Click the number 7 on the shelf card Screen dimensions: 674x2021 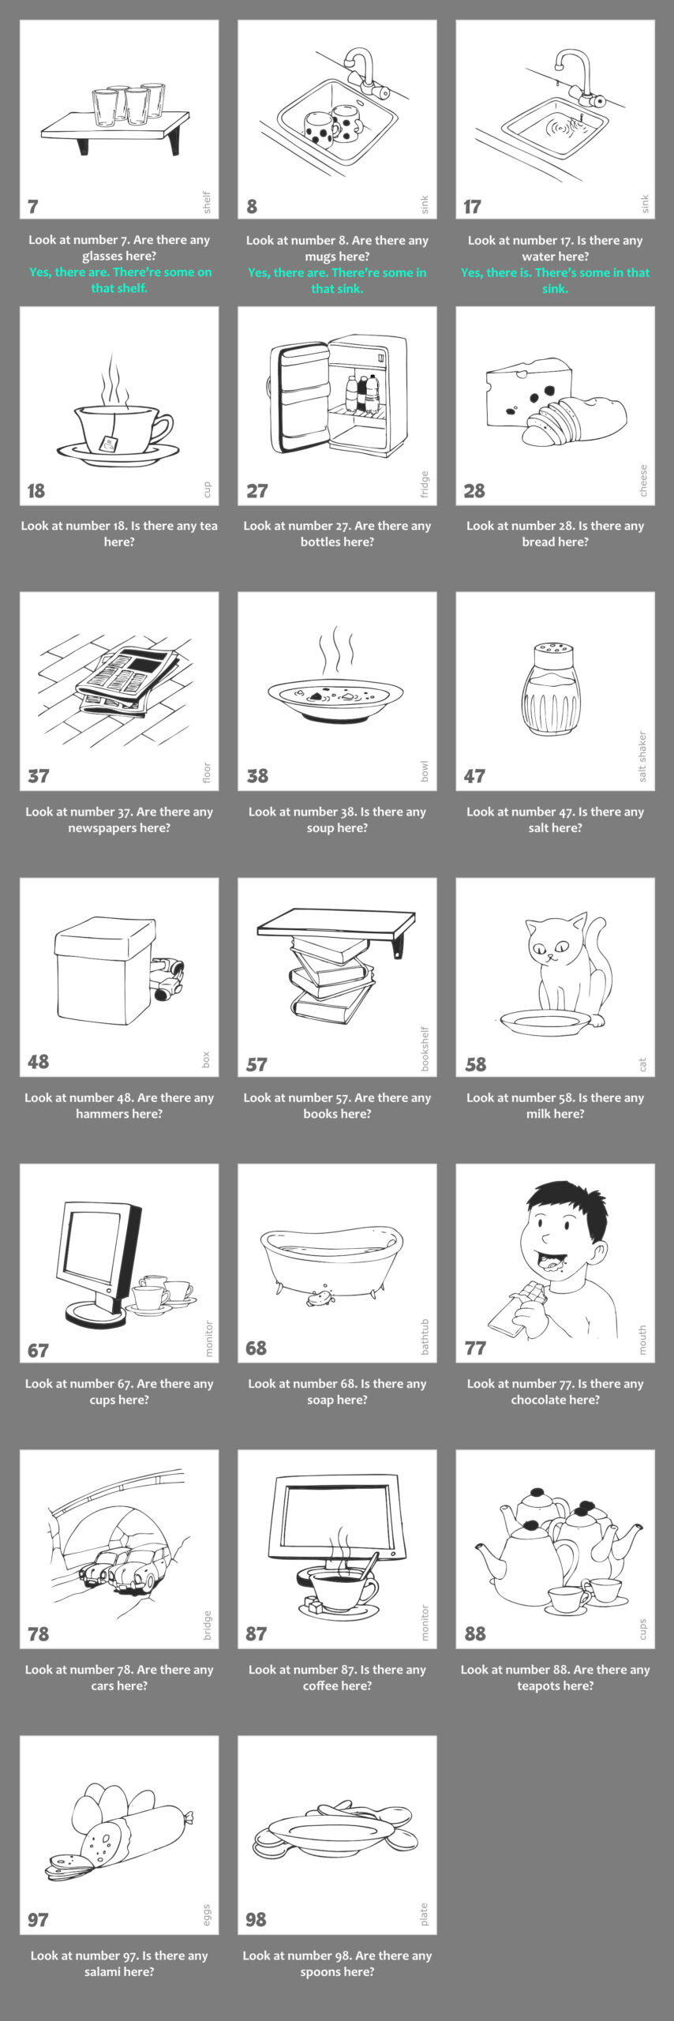[32, 207]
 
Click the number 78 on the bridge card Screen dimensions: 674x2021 [38, 1634]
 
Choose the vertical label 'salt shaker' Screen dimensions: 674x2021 [642, 756]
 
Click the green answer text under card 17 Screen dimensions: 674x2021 [556, 280]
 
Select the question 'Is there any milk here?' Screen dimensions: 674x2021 [556, 1105]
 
